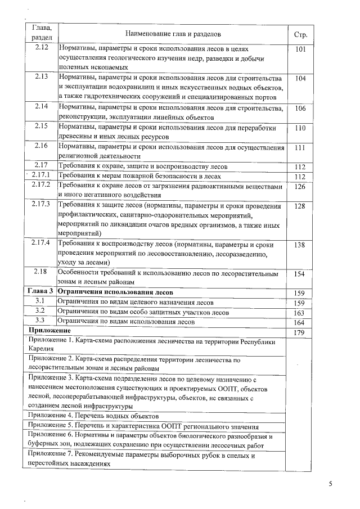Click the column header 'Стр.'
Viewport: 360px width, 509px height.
[300, 34]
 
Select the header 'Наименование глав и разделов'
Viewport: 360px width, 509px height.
[173, 34]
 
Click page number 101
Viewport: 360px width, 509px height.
[300, 49]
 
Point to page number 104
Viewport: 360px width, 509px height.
[300, 78]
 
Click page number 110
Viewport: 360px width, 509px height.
[300, 127]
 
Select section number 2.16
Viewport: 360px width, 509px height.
[40, 146]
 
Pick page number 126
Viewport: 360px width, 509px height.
[300, 186]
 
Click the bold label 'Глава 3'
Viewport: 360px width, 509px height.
[40, 293]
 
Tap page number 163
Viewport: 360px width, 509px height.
[300, 313]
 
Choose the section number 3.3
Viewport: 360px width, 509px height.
[40, 322]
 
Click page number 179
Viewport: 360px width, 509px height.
[300, 332]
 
